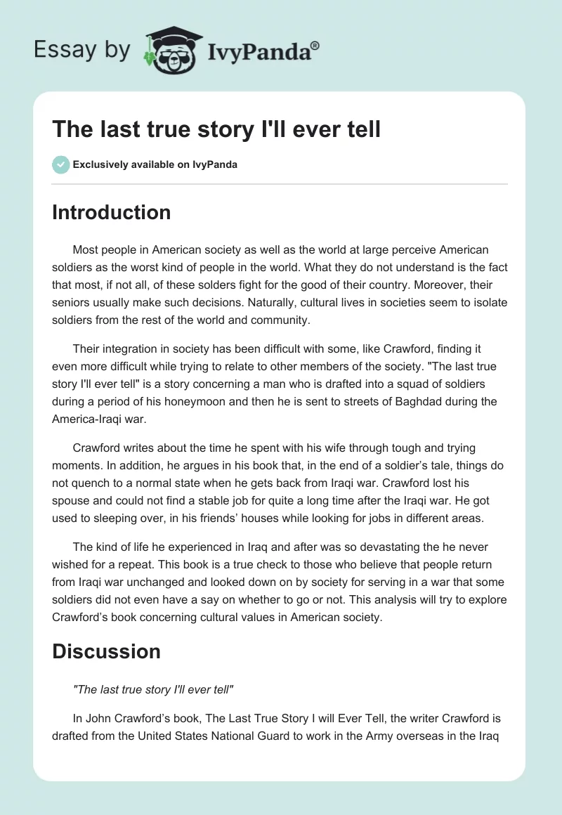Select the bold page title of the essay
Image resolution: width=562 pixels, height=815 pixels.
(x=216, y=129)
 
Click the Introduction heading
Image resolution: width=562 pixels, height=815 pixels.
(x=112, y=213)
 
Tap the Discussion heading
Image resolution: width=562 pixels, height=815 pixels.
(x=106, y=651)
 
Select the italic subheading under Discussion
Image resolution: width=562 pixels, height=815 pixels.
(x=152, y=690)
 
